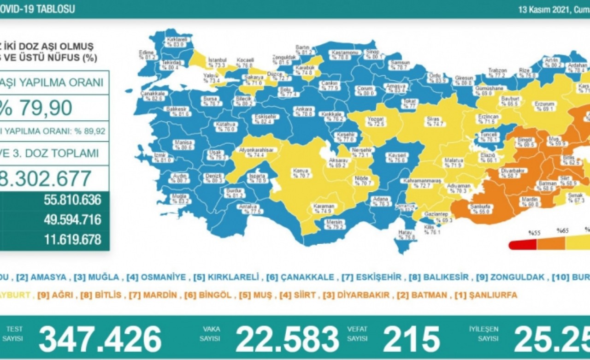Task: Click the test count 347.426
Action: click(100, 339)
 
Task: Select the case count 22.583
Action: click(288, 339)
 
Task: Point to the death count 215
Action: click(411, 339)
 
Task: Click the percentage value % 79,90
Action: click(37, 107)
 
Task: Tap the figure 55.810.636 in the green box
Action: click(72, 200)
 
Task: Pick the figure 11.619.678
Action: click(72, 240)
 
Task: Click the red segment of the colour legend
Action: click(523, 244)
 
